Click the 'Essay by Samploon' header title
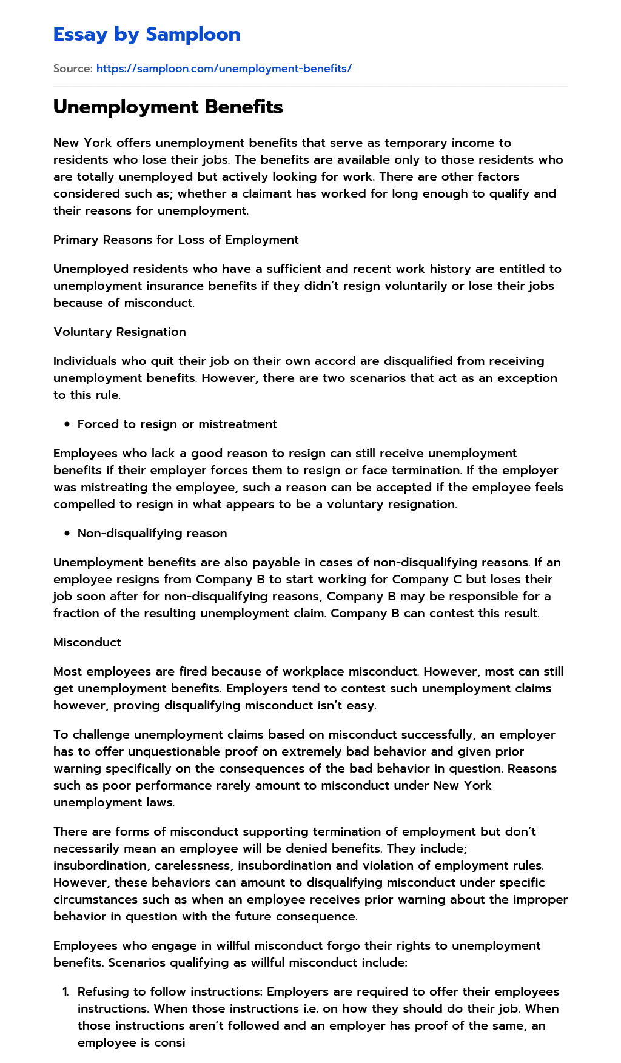[147, 35]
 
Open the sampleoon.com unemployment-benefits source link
[224, 69]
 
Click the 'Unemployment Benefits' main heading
[168, 107]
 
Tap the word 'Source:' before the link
[73, 69]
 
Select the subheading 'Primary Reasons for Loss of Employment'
[176, 240]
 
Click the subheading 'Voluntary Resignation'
[119, 332]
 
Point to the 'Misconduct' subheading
[87, 642]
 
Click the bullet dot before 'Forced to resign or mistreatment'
[67, 424]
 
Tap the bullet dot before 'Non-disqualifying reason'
[67, 534]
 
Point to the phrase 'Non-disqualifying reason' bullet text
[152, 533]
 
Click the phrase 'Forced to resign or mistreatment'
[177, 424]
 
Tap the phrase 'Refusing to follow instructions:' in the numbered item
[170, 991]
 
